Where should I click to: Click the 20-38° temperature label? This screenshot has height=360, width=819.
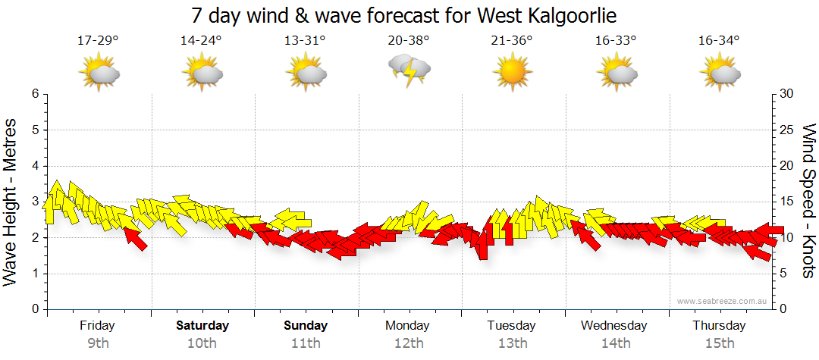(x=409, y=41)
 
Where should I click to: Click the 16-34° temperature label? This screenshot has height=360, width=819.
(x=718, y=41)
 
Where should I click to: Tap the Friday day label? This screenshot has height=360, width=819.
(x=98, y=326)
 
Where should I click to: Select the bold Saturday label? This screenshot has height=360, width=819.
(x=202, y=326)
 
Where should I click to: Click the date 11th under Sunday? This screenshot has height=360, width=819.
(x=306, y=343)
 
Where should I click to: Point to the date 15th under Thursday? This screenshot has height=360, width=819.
(x=719, y=343)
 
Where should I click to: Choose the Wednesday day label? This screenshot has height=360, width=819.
(x=614, y=326)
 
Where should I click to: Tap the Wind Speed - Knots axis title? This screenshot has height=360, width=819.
(x=808, y=201)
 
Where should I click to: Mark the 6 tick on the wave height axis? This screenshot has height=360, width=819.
(x=34, y=94)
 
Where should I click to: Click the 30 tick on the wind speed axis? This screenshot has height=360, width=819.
(x=787, y=94)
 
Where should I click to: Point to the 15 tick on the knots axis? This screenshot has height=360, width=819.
(x=787, y=202)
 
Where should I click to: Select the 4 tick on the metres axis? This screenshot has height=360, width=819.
(x=34, y=166)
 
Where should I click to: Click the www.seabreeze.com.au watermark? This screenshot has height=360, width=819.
(x=723, y=301)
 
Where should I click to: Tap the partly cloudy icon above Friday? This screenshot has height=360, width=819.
(x=99, y=73)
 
